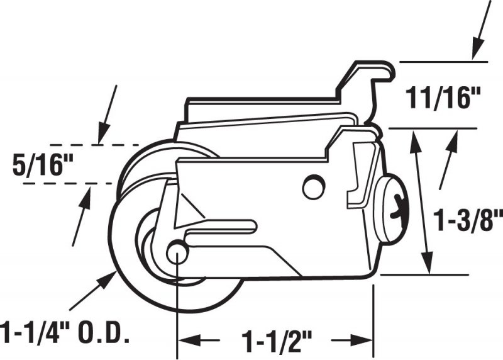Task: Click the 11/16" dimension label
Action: tap(443, 98)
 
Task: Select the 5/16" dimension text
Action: tap(43, 164)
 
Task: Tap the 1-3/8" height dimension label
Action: tap(468, 220)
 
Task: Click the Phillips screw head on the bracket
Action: tap(392, 210)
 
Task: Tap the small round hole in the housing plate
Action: tap(314, 187)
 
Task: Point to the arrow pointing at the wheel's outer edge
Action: tap(93, 291)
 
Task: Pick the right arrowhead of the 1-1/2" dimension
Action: tap(362, 340)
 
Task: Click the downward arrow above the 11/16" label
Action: tap(482, 30)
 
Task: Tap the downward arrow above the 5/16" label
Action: tap(107, 115)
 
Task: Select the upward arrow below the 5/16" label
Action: tap(82, 216)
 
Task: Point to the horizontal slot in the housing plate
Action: tap(221, 226)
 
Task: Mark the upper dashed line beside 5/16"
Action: tap(94, 145)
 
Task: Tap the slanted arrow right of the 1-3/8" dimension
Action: tap(448, 160)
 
